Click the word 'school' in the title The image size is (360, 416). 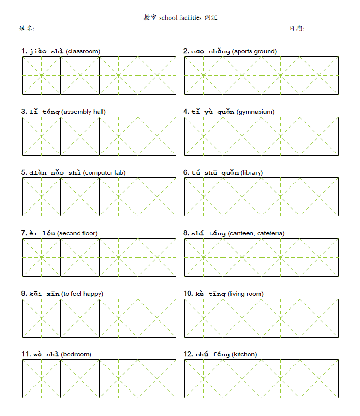[x=168, y=18]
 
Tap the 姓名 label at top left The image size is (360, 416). [x=26, y=29]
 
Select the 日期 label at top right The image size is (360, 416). [x=297, y=29]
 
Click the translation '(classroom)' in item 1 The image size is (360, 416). [x=83, y=51]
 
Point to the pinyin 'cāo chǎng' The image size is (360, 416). [x=210, y=51]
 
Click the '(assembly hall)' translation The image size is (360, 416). [x=83, y=112]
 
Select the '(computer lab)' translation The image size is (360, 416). [x=104, y=172]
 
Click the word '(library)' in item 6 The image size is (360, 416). [x=251, y=172]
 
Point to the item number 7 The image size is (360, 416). [x=24, y=233]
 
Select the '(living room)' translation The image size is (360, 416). [x=245, y=294]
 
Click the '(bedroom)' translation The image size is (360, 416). [x=76, y=355]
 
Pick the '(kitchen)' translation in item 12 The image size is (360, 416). [x=244, y=355]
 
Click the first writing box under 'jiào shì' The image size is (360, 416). [x=41, y=75]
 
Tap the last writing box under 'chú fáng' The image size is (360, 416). [x=319, y=379]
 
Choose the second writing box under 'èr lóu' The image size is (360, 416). [x=80, y=257]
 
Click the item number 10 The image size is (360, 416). [x=188, y=294]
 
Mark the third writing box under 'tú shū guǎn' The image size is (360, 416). [x=280, y=197]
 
